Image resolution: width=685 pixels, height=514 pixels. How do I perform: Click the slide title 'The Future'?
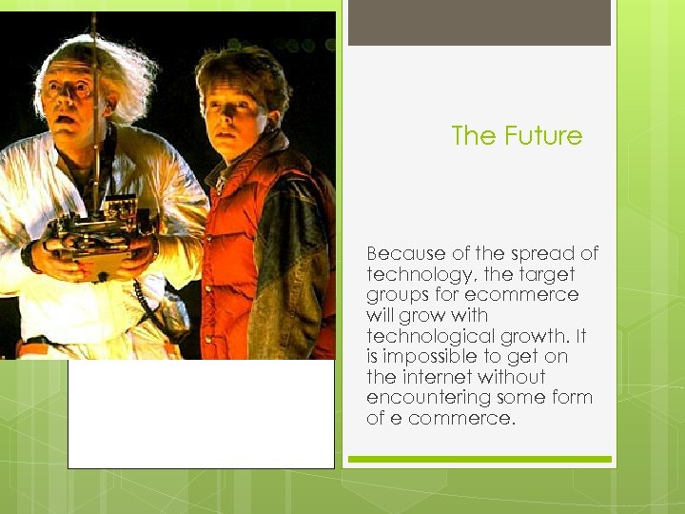[x=517, y=136]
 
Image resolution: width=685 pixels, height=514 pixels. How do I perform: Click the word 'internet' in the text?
[x=442, y=377]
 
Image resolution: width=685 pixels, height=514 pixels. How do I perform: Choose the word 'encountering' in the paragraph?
[x=429, y=398]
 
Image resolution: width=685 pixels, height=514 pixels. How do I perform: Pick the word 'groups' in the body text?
[x=399, y=295]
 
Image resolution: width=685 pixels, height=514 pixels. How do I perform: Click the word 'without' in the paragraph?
[x=513, y=377]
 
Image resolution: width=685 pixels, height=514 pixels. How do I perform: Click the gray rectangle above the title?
[x=479, y=23]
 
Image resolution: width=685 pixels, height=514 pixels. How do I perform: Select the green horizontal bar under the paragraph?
[x=479, y=459]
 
